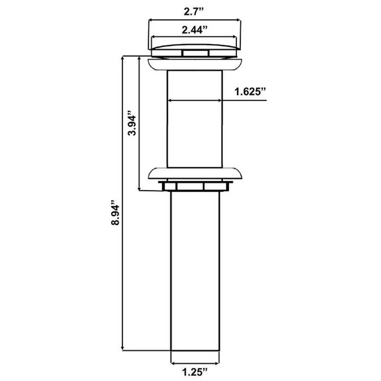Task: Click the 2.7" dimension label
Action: [x=193, y=12]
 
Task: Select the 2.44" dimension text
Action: [x=195, y=30]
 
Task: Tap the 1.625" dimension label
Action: [x=250, y=92]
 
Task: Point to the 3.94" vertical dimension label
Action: [x=132, y=123]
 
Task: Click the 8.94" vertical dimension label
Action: [x=115, y=213]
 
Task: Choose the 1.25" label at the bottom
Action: [x=195, y=372]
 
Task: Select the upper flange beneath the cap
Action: [x=195, y=64]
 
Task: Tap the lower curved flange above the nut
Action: [x=195, y=173]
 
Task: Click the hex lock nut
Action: [x=195, y=186]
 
